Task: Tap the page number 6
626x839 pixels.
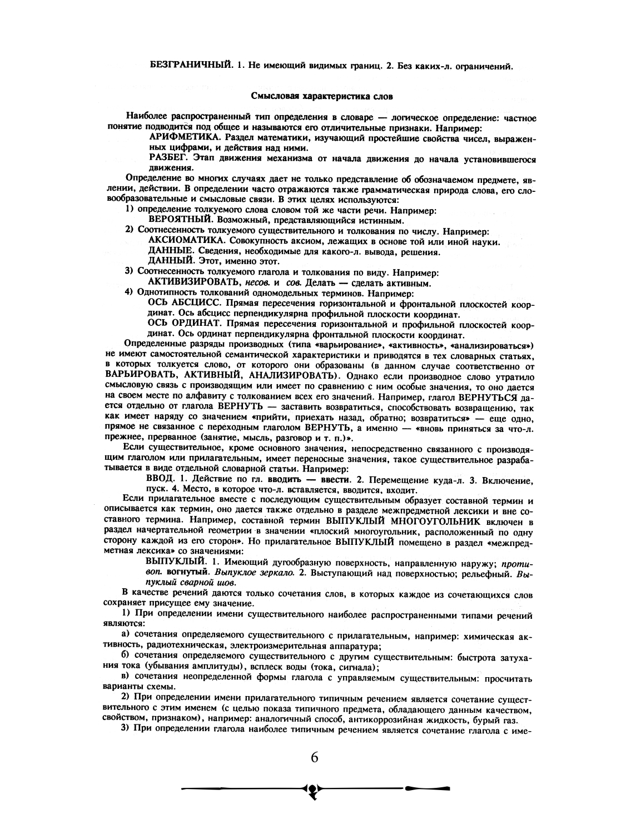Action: click(x=314, y=758)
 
